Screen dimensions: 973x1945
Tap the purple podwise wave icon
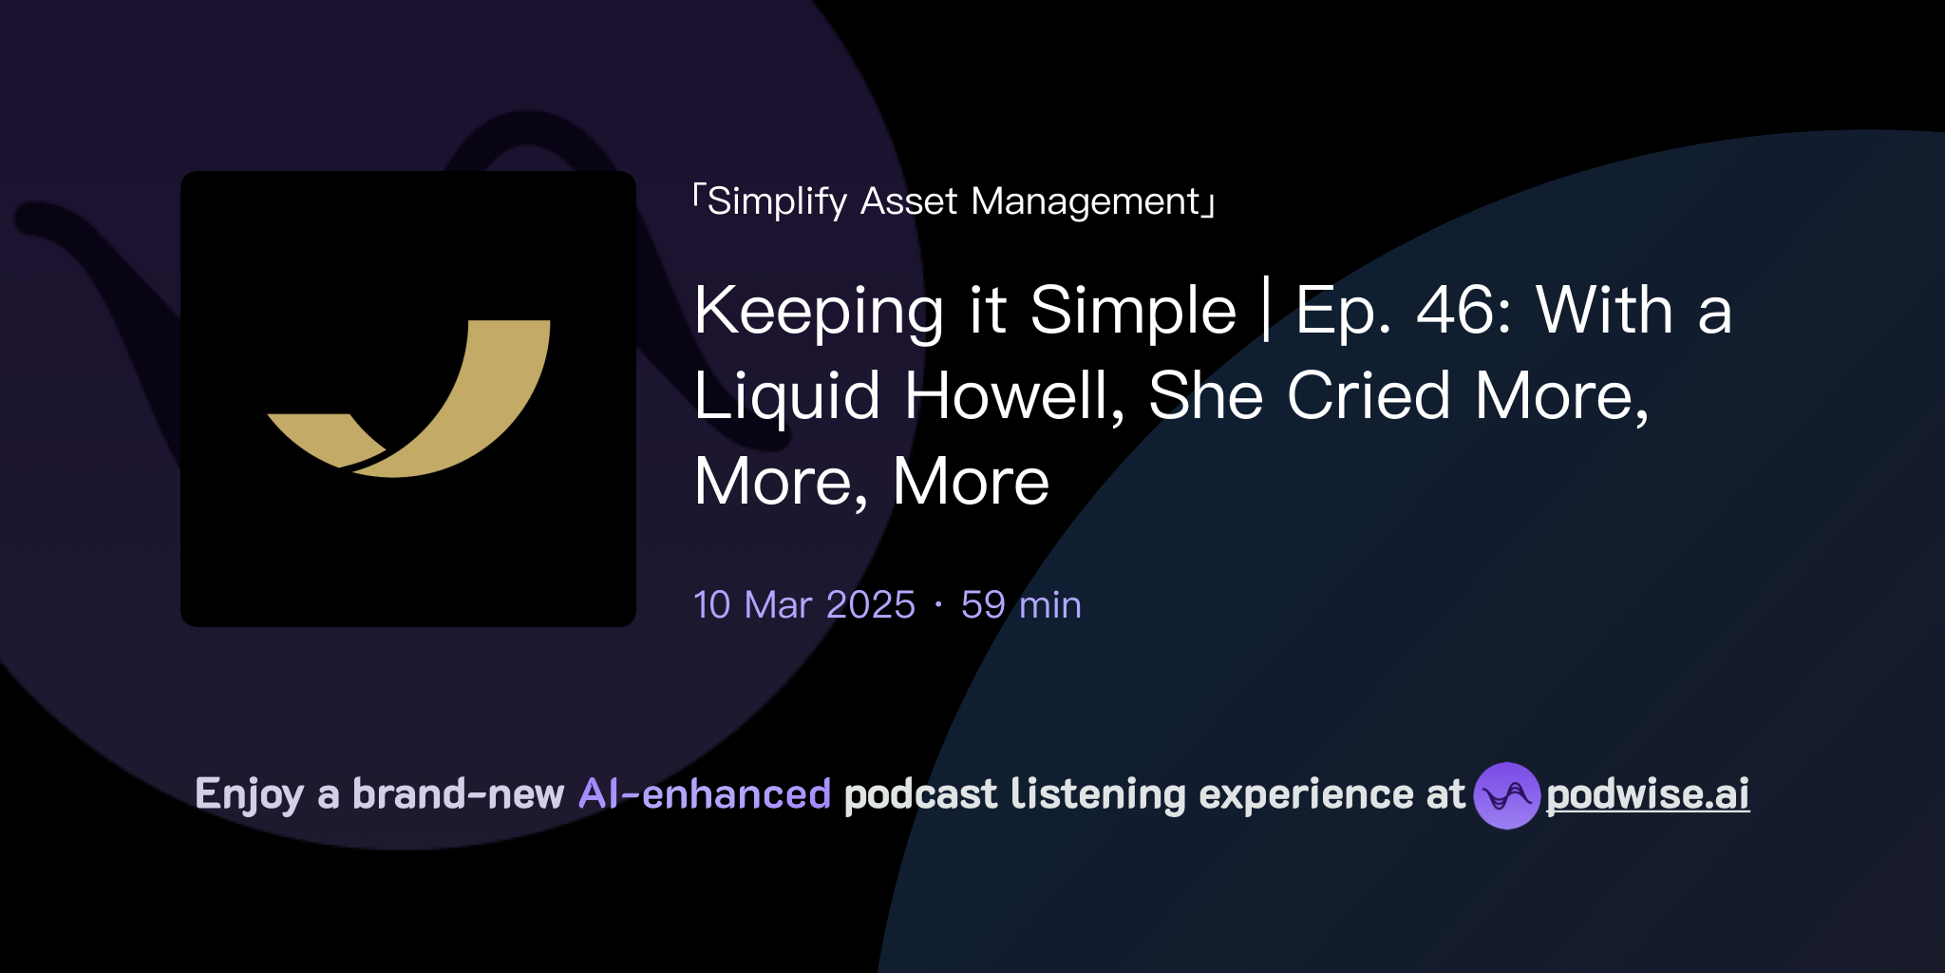point(1506,795)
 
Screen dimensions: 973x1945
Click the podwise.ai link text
point(1648,795)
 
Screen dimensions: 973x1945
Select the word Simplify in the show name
point(777,201)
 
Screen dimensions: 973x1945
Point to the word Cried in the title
point(1369,396)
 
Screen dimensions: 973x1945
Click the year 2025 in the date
point(871,605)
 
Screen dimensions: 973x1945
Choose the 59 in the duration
point(983,605)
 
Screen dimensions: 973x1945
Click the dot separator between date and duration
point(938,605)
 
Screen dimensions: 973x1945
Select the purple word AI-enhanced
point(705,794)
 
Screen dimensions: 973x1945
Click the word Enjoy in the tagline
point(250,795)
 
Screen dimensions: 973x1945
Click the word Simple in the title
point(1133,311)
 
